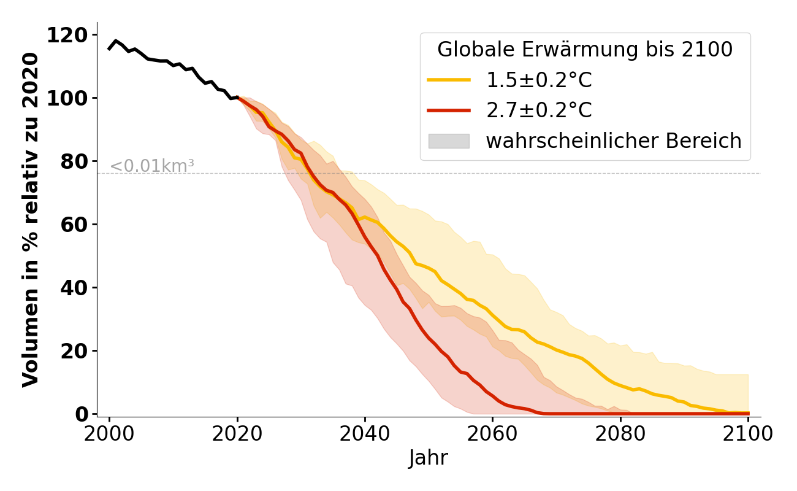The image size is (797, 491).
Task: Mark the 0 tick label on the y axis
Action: click(81, 414)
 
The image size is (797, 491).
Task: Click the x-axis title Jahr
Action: click(429, 458)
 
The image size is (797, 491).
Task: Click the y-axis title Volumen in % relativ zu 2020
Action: click(31, 220)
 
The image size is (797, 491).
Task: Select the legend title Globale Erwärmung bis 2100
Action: click(585, 50)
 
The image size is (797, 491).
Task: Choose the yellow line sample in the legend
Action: click(449, 80)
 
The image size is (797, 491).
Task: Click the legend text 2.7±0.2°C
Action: click(539, 110)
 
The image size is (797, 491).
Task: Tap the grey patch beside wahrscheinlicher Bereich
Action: click(449, 141)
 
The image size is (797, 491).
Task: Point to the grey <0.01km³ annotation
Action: click(152, 166)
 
